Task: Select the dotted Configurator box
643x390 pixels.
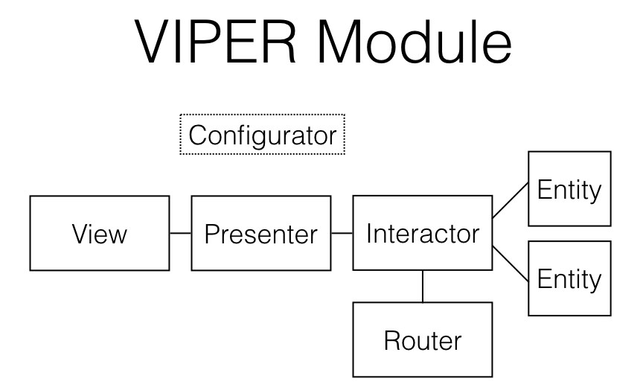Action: (x=262, y=135)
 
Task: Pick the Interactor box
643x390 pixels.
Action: (x=422, y=233)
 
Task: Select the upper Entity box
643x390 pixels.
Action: (x=569, y=189)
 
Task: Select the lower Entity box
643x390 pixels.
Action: (x=569, y=278)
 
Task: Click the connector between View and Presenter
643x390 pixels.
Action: (x=180, y=233)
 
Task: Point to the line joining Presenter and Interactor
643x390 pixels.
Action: (x=342, y=233)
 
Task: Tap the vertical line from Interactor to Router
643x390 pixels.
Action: (x=423, y=286)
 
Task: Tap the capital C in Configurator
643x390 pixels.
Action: (x=196, y=135)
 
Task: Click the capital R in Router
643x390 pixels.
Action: (x=391, y=340)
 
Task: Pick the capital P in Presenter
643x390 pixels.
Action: (x=211, y=234)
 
